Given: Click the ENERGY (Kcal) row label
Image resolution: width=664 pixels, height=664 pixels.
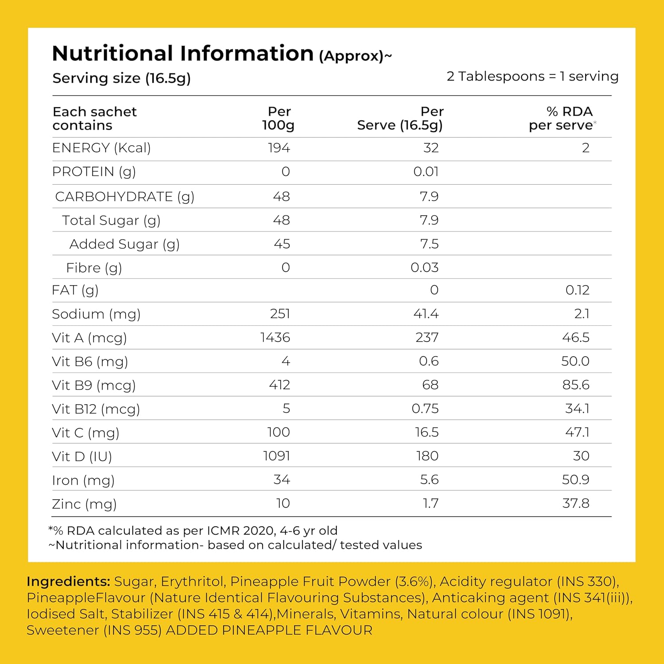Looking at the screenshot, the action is (x=101, y=148).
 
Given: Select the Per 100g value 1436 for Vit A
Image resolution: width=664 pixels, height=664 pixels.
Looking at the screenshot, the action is (x=275, y=338).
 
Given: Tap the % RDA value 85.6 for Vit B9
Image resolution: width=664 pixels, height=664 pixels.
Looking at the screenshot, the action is (x=576, y=385).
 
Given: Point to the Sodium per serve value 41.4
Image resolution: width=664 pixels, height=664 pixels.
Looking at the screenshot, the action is (x=426, y=314).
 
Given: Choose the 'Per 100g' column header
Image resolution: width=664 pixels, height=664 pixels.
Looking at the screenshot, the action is (x=278, y=118).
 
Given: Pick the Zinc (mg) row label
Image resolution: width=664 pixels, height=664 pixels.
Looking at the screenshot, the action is (x=84, y=504).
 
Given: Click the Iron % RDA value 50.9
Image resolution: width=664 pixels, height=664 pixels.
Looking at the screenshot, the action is (x=575, y=479).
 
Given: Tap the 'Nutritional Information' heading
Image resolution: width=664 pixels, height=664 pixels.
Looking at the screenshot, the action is (x=183, y=54).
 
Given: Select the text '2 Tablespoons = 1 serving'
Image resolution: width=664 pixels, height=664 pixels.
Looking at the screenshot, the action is (x=533, y=77).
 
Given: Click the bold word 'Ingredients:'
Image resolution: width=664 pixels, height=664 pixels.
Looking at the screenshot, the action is (x=68, y=582).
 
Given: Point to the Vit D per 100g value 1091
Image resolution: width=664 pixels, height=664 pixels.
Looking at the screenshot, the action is (x=277, y=456).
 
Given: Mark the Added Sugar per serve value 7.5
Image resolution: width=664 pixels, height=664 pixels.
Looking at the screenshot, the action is (x=429, y=244).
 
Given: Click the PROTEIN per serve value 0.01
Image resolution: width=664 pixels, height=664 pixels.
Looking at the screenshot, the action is (x=426, y=172).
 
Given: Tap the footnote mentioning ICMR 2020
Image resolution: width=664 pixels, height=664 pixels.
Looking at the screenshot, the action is (x=193, y=531).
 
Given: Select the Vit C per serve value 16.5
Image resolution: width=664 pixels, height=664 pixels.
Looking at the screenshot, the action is (x=427, y=432).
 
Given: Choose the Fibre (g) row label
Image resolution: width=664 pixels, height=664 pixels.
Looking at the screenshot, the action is (x=94, y=268).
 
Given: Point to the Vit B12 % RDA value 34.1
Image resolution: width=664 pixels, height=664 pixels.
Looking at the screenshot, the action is (x=577, y=409).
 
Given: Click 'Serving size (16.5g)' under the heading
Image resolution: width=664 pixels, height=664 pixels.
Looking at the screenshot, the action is (x=122, y=78).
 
